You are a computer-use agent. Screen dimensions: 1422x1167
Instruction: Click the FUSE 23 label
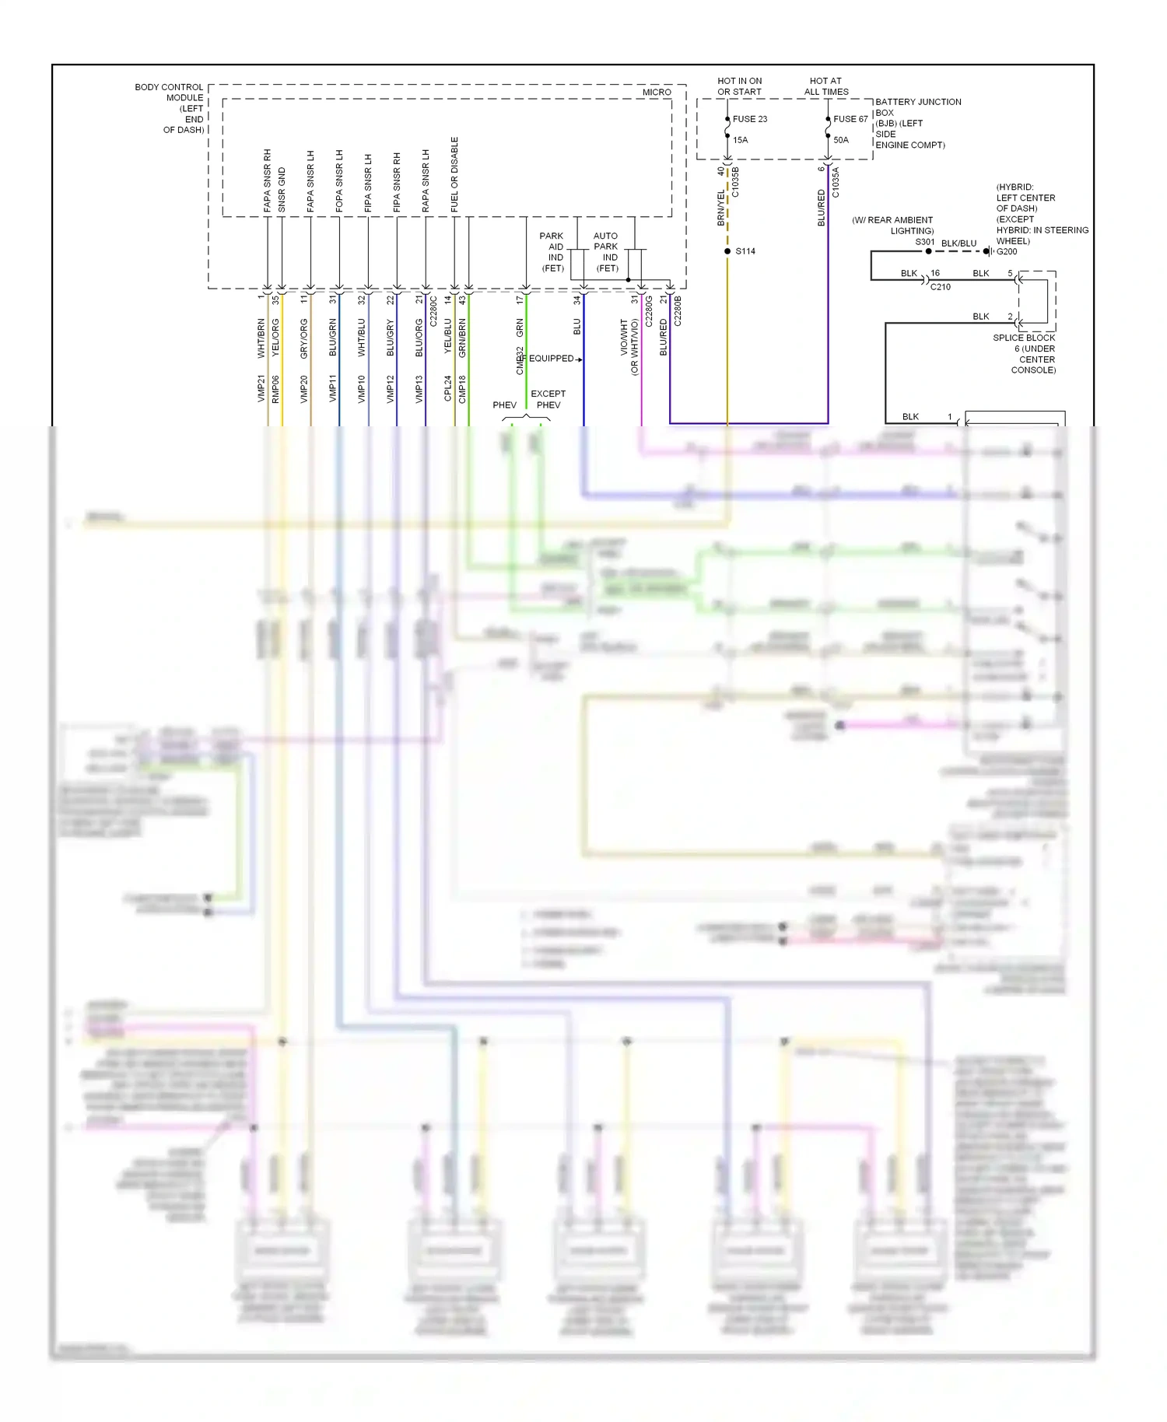[749, 119]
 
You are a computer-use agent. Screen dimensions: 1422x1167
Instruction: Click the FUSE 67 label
[850, 119]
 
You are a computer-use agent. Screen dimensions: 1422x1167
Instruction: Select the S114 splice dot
[727, 251]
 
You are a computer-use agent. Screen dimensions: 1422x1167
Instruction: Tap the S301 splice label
[924, 242]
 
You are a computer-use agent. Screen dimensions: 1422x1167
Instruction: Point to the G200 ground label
[1007, 251]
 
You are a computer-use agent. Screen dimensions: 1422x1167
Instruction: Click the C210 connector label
[940, 287]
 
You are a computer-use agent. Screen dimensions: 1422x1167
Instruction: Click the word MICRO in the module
[656, 92]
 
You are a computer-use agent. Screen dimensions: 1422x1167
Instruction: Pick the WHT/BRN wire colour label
[261, 338]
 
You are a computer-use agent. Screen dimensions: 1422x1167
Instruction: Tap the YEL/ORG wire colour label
[275, 338]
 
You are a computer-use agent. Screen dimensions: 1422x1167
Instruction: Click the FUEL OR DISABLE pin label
[454, 174]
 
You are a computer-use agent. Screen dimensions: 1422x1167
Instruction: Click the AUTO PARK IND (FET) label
[606, 252]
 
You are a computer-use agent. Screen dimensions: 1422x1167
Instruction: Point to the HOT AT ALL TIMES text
[825, 86]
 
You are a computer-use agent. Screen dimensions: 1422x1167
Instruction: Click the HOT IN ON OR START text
[739, 86]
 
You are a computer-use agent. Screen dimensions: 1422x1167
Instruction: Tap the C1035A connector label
[836, 182]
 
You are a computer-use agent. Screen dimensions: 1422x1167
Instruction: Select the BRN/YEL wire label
[721, 208]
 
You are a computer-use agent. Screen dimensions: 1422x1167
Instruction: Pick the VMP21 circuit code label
[261, 389]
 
